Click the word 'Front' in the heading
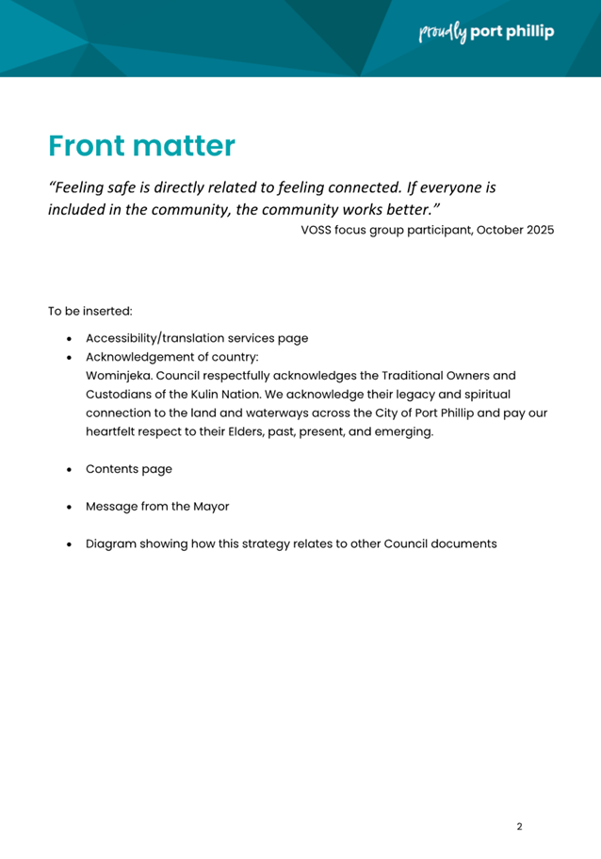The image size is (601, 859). coord(87,146)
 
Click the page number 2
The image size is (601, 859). coord(519,827)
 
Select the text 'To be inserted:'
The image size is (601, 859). coord(90,310)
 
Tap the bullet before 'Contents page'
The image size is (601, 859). coord(70,469)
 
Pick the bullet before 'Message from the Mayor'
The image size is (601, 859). coord(70,507)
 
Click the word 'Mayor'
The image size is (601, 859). coord(210,506)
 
